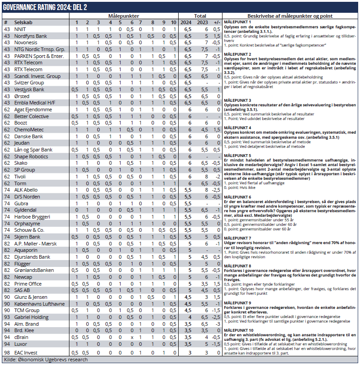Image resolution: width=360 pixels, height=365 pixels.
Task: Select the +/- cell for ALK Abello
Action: pos(217,190)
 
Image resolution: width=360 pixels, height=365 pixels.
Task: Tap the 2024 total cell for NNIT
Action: pos(186,29)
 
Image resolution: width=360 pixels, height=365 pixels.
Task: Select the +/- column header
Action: pos(217,22)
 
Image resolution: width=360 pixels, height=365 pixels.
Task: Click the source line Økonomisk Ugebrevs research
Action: pos(46,360)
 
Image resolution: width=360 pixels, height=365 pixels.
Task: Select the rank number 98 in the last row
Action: pos(6,353)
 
